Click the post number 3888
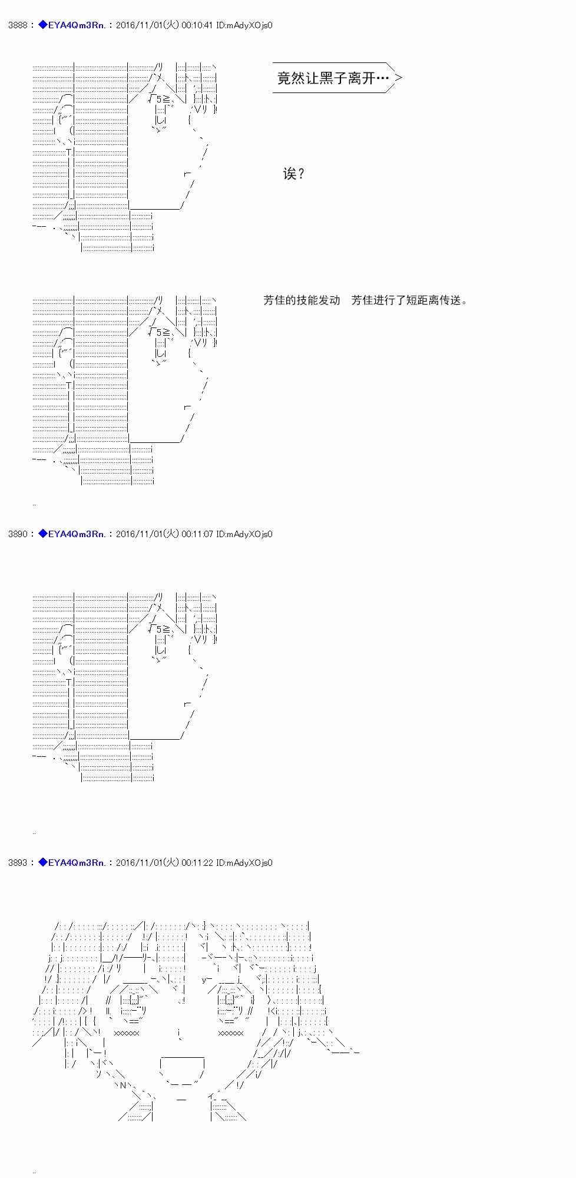(x=17, y=25)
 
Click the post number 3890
(x=17, y=534)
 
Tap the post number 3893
(x=17, y=863)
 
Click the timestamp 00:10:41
(x=197, y=25)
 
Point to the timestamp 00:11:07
(x=197, y=534)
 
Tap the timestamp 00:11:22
(x=197, y=863)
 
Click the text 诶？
(x=294, y=174)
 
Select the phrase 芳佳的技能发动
(x=302, y=300)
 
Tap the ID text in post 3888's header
(x=244, y=25)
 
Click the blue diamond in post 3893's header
(x=42, y=862)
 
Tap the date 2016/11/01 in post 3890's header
(x=139, y=534)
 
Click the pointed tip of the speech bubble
(x=402, y=77)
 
